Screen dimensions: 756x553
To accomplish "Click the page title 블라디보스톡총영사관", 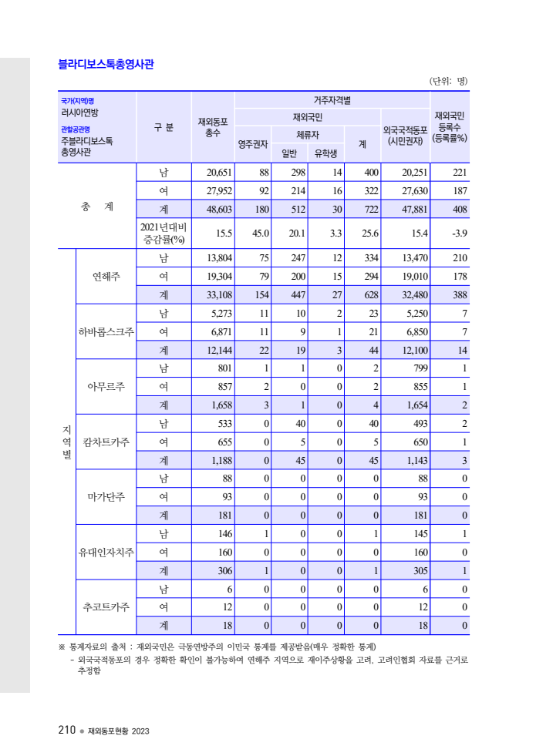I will [x=106, y=64].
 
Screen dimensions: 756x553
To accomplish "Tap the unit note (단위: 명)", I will [x=447, y=81].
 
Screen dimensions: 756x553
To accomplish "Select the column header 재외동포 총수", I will [x=213, y=127].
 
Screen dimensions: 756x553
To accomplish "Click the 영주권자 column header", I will [x=252, y=143].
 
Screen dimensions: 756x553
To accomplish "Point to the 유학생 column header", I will [x=326, y=153].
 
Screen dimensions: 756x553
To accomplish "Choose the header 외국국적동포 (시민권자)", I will [x=405, y=136].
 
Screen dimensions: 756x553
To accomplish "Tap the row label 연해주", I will [x=106, y=276].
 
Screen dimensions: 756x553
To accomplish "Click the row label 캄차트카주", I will [x=106, y=442].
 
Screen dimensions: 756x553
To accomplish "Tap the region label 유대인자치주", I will [x=106, y=553].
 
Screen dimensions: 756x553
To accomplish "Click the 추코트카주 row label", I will [x=106, y=606].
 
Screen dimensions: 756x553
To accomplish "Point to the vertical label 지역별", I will [x=66, y=442].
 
